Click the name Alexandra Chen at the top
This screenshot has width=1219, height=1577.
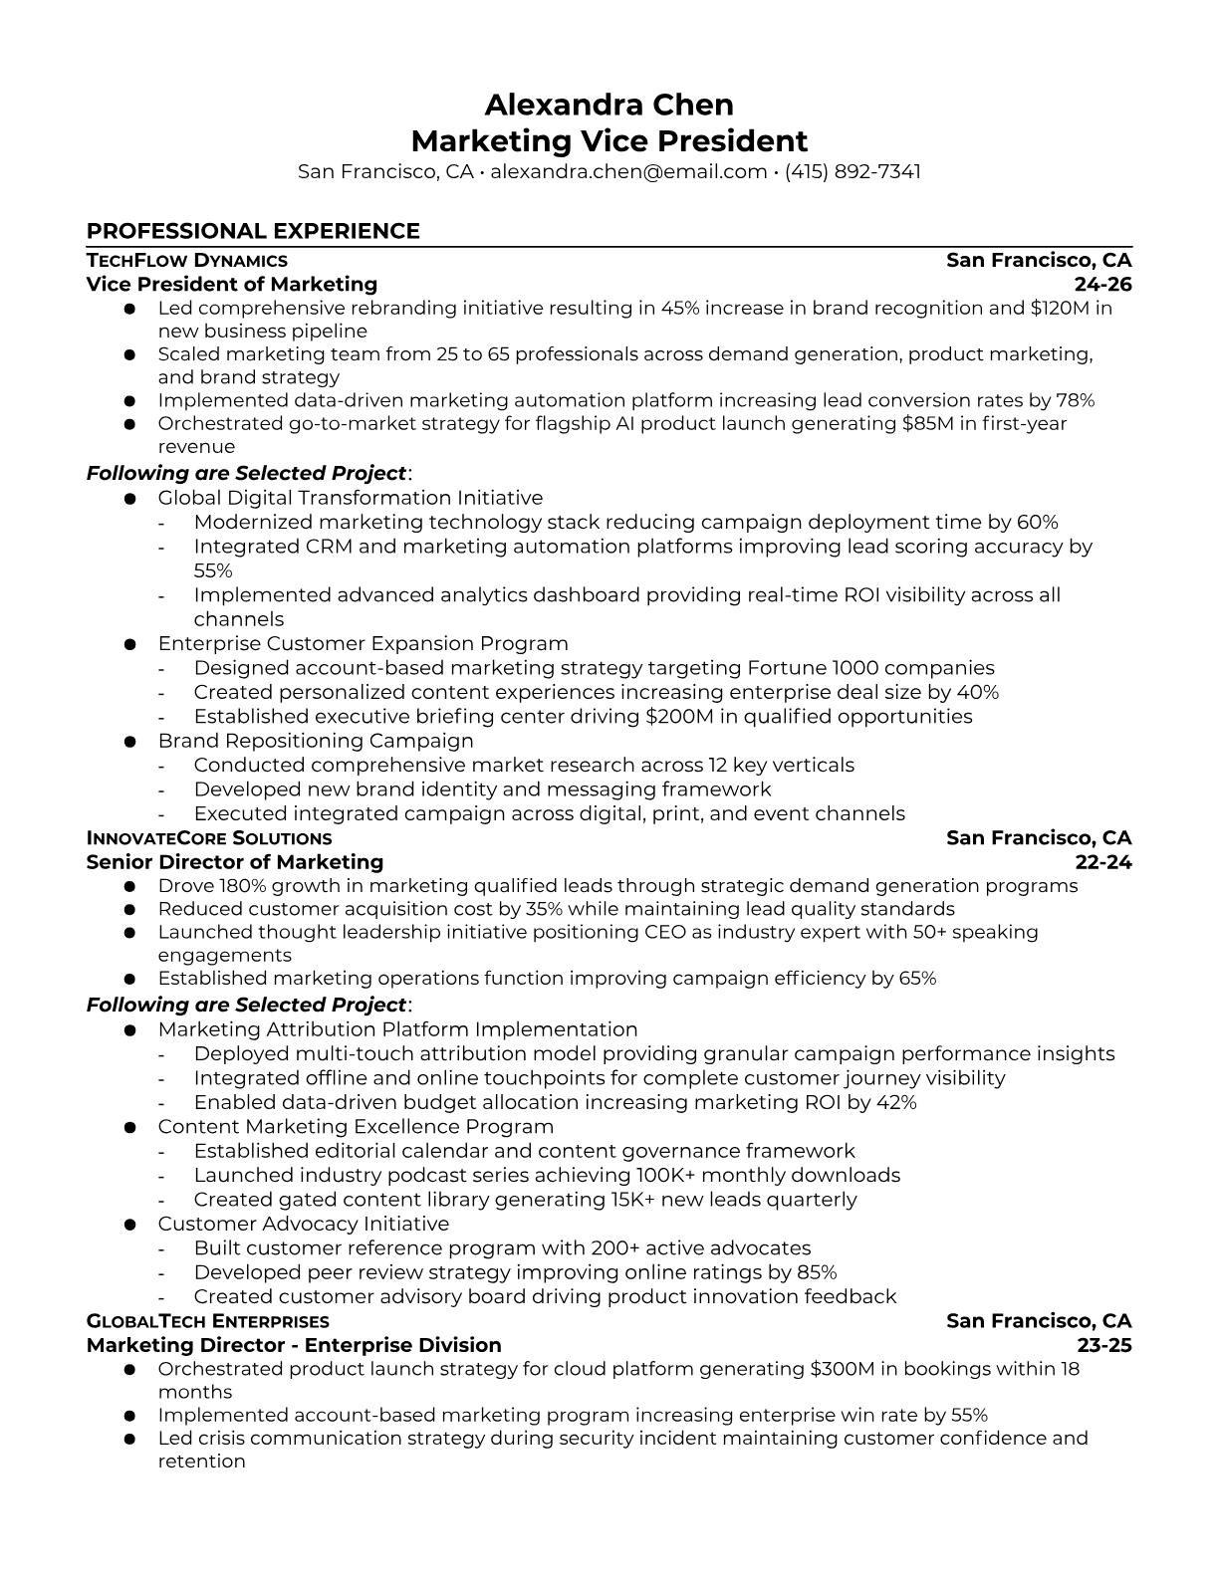(609, 105)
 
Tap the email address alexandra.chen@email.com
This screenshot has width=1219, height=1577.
(628, 171)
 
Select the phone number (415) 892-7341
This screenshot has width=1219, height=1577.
(853, 171)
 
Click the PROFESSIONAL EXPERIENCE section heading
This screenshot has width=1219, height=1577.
(253, 231)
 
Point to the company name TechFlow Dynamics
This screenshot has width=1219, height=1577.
(187, 261)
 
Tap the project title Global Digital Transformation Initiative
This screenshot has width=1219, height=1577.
(351, 498)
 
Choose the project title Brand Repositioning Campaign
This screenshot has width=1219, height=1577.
(316, 741)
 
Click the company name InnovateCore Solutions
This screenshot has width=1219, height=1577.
(209, 838)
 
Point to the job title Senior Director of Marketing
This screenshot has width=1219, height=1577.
(235, 862)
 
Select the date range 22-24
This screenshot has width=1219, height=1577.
(1103, 862)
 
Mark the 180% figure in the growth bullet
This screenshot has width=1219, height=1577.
(239, 886)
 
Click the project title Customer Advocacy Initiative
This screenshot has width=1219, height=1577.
(304, 1224)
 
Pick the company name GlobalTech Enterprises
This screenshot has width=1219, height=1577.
(208, 1321)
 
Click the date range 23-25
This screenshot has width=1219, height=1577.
(1104, 1346)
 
